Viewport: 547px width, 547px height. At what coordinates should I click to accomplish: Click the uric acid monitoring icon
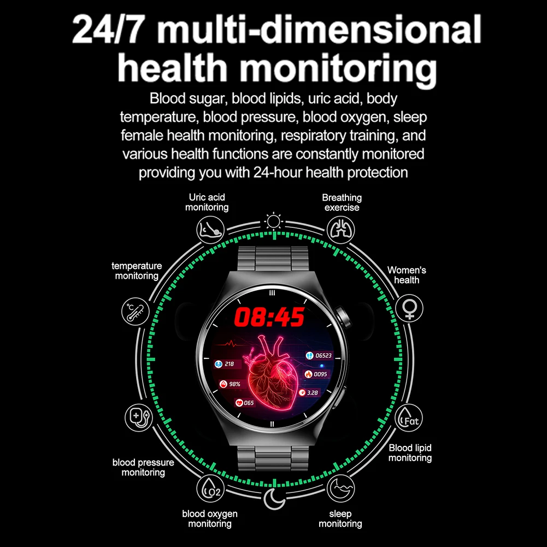(x=210, y=227)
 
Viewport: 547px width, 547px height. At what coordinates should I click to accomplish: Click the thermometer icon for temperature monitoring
(x=135, y=311)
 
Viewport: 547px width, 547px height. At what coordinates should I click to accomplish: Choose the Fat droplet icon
(x=409, y=417)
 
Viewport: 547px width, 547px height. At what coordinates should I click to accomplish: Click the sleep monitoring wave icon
(x=339, y=487)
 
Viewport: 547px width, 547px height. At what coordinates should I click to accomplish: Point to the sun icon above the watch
(x=273, y=221)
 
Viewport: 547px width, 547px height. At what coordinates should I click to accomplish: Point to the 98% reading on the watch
(x=232, y=384)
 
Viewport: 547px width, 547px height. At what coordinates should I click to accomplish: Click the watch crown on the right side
(x=345, y=316)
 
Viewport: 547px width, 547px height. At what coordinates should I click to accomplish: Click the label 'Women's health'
(x=407, y=275)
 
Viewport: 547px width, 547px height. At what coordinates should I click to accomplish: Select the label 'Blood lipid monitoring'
(x=410, y=452)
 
